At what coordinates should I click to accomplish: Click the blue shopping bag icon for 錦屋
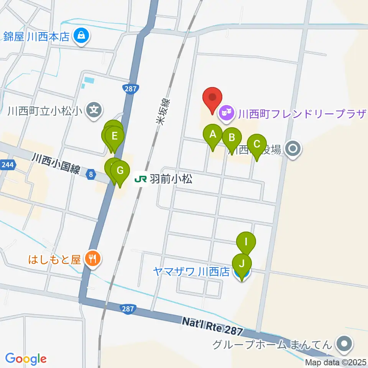pyautogui.click(x=81, y=36)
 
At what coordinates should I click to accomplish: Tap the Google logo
pyautogui.click(x=26, y=359)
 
